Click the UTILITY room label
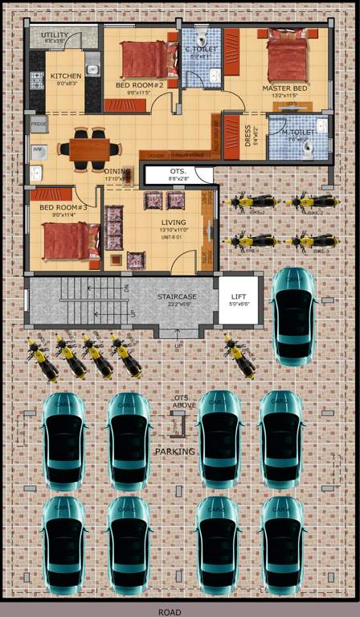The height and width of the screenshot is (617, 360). pyautogui.click(x=55, y=35)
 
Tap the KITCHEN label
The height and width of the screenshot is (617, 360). pyautogui.click(x=66, y=76)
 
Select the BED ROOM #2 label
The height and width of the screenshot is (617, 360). pyautogui.click(x=139, y=84)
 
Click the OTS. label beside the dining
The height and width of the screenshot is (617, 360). pyautogui.click(x=178, y=172)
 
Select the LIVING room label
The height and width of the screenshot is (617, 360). pyautogui.click(x=174, y=222)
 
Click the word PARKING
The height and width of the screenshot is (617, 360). pyautogui.click(x=174, y=452)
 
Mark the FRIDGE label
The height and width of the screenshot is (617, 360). pyautogui.click(x=39, y=125)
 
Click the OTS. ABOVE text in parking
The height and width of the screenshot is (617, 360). pyautogui.click(x=185, y=402)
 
